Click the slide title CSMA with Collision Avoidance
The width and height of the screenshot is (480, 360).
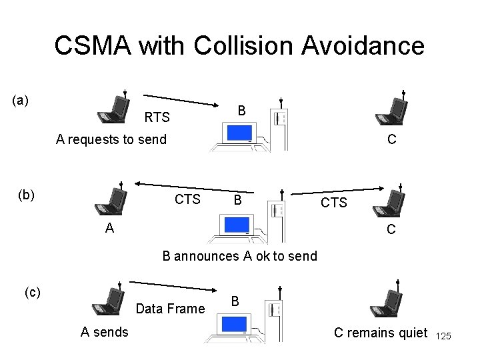(239, 46)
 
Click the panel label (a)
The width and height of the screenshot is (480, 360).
(21, 101)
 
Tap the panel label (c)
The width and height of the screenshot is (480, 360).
(33, 291)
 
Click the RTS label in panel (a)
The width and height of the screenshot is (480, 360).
(157, 119)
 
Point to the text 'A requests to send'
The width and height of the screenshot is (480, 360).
(111, 139)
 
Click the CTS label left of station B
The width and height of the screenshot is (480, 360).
(187, 199)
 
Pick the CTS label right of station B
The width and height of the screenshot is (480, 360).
(334, 202)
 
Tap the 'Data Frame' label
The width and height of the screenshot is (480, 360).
(170, 309)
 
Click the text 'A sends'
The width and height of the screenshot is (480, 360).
(105, 331)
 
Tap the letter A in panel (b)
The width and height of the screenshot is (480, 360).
(109, 227)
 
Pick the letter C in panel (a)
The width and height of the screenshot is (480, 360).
(393, 139)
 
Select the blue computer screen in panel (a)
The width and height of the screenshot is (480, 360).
(237, 133)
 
